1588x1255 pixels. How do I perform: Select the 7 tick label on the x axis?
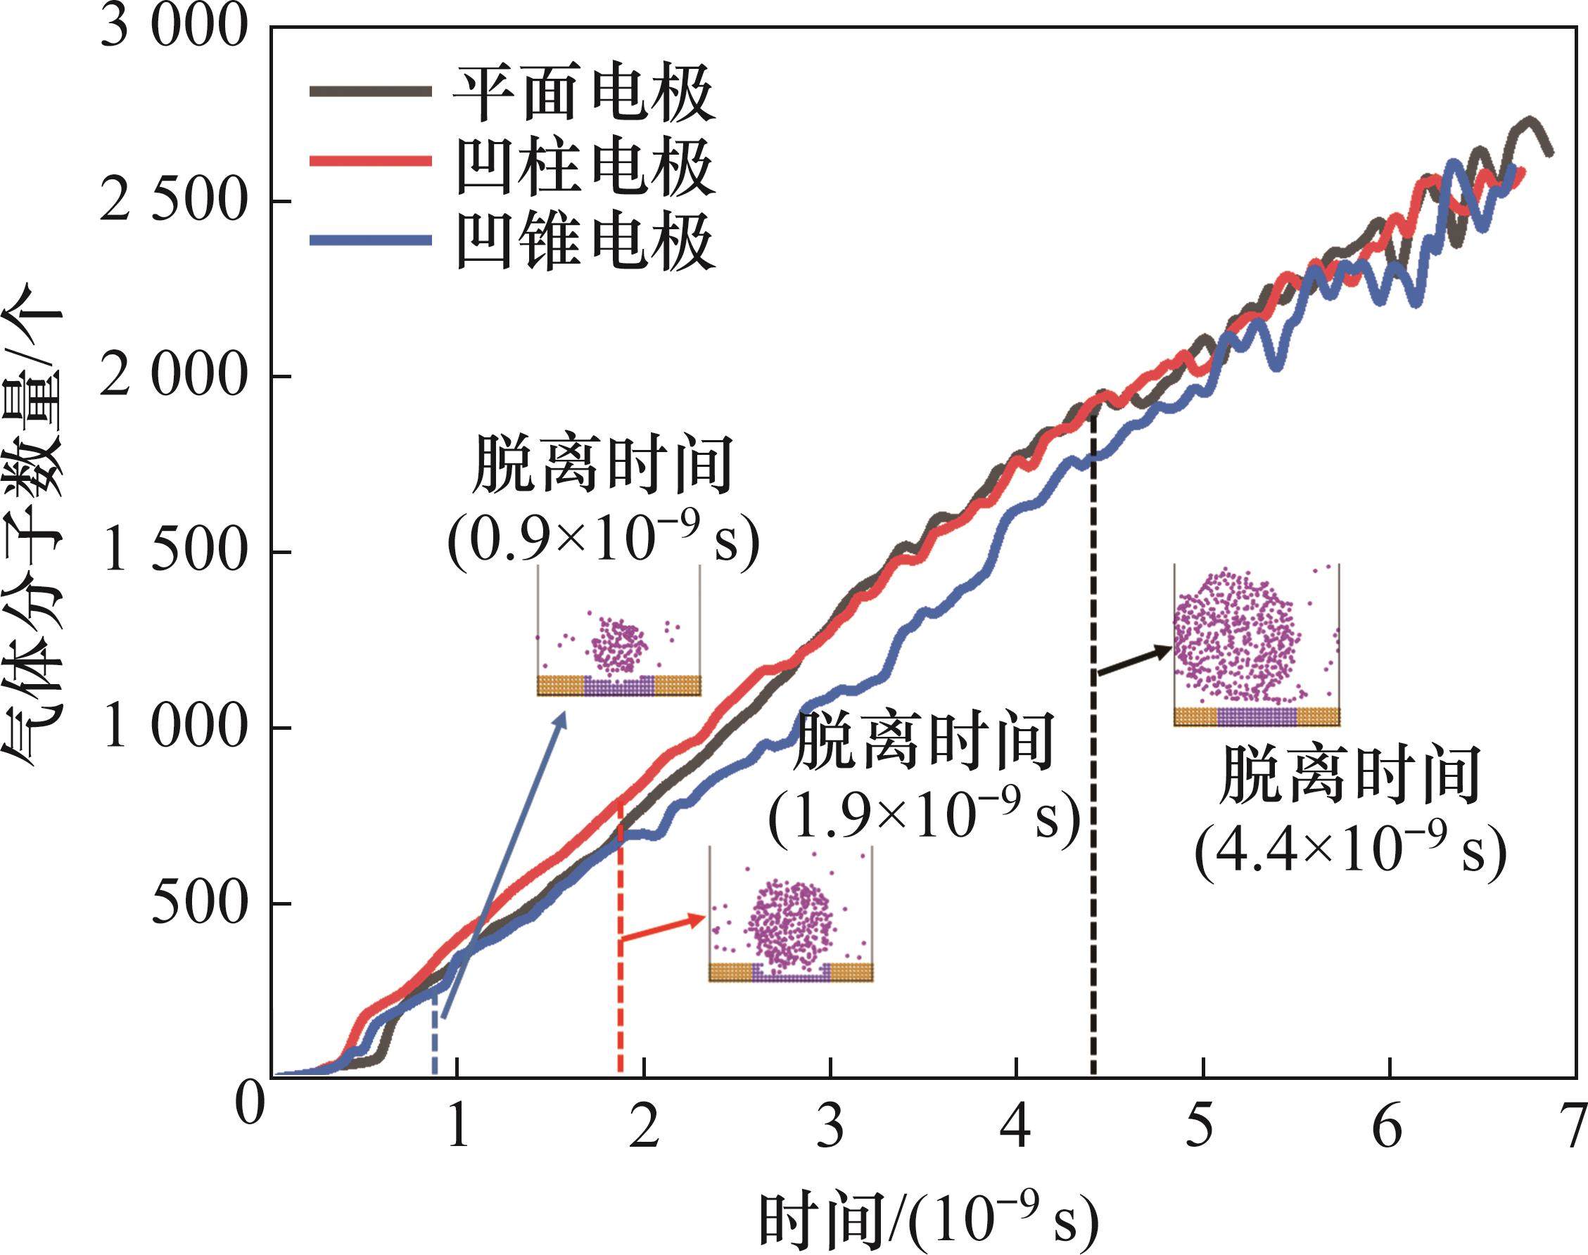[1574, 1128]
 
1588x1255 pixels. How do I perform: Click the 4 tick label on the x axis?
[1015, 1128]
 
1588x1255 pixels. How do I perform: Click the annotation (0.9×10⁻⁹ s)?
[603, 545]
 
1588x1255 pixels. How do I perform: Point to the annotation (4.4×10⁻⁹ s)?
[1349, 852]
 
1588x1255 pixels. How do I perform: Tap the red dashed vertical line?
[621, 955]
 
